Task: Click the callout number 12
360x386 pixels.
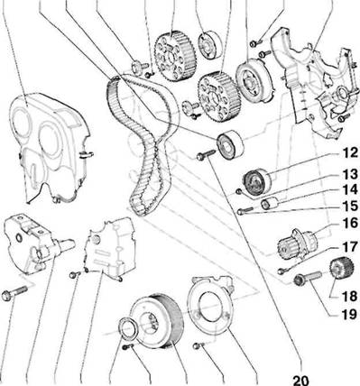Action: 349,153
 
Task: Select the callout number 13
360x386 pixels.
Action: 349,174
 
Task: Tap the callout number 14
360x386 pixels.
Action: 349,190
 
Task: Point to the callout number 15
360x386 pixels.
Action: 349,207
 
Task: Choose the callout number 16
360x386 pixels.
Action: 349,223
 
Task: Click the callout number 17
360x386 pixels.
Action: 349,248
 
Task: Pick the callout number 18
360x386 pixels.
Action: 349,297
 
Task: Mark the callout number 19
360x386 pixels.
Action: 349,315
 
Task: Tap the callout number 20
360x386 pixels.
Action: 300,380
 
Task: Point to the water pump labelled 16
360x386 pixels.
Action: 296,244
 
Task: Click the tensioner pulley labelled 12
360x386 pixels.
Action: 256,182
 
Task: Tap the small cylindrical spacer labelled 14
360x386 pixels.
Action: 269,204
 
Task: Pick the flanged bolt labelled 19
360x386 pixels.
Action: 308,278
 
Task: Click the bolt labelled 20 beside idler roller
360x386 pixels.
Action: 206,154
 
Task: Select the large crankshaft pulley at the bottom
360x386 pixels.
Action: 156,321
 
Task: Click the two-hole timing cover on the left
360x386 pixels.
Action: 50,147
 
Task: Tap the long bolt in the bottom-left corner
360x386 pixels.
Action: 14,293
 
